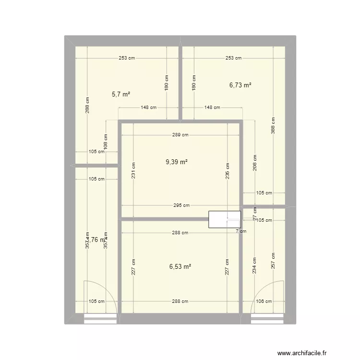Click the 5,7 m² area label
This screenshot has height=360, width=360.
point(121,95)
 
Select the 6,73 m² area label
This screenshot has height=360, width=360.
point(240,85)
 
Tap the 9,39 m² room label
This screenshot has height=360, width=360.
point(176,162)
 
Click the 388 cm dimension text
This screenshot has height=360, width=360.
point(273,126)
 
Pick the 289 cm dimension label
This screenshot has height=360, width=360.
point(180,135)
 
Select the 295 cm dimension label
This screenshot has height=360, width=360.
point(180,205)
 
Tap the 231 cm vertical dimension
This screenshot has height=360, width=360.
point(134,169)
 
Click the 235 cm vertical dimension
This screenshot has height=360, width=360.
point(228,169)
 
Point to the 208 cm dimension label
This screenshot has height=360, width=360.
point(255,163)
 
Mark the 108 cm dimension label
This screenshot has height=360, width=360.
point(106,142)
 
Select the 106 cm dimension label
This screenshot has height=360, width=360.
point(264,301)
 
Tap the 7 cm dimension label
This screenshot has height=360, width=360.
point(240,231)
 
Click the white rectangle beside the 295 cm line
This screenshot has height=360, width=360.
point(224,219)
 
